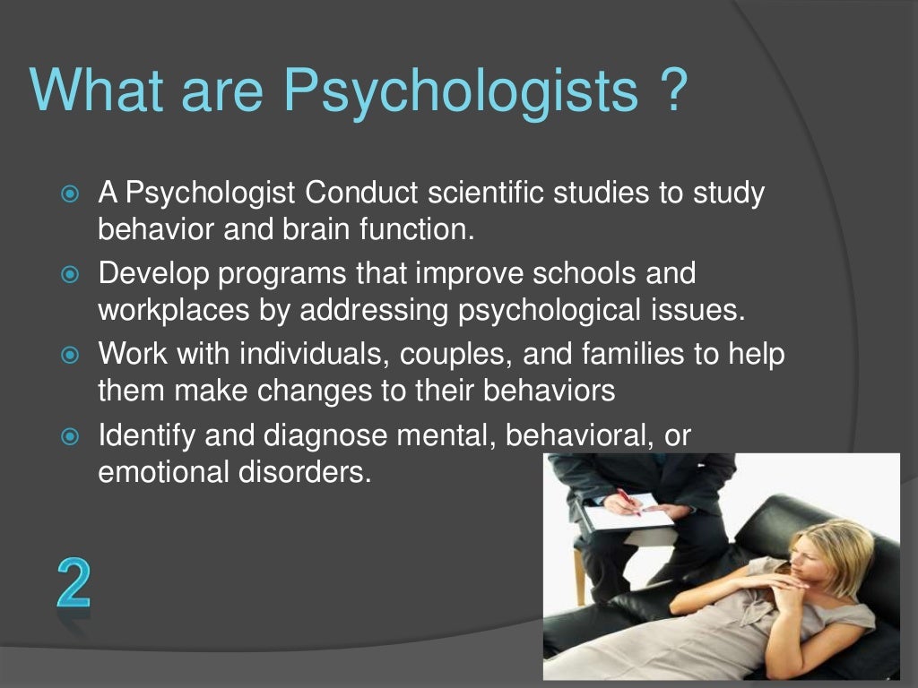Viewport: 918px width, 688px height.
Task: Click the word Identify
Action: click(147, 435)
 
